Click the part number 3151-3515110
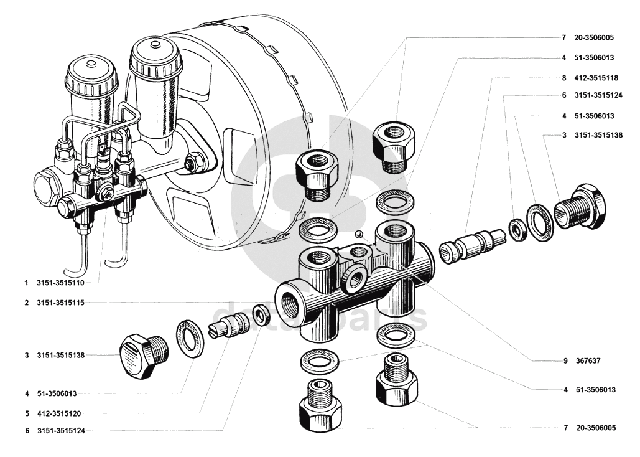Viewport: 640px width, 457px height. (x=60, y=282)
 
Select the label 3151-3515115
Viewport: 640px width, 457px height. (x=60, y=303)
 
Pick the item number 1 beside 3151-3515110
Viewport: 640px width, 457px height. (x=27, y=282)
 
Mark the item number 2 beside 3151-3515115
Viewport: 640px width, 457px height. (x=27, y=303)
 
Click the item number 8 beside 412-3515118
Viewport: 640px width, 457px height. (x=563, y=78)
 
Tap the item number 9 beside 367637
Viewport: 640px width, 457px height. (x=566, y=360)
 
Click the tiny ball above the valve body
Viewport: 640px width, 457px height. (x=358, y=234)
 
